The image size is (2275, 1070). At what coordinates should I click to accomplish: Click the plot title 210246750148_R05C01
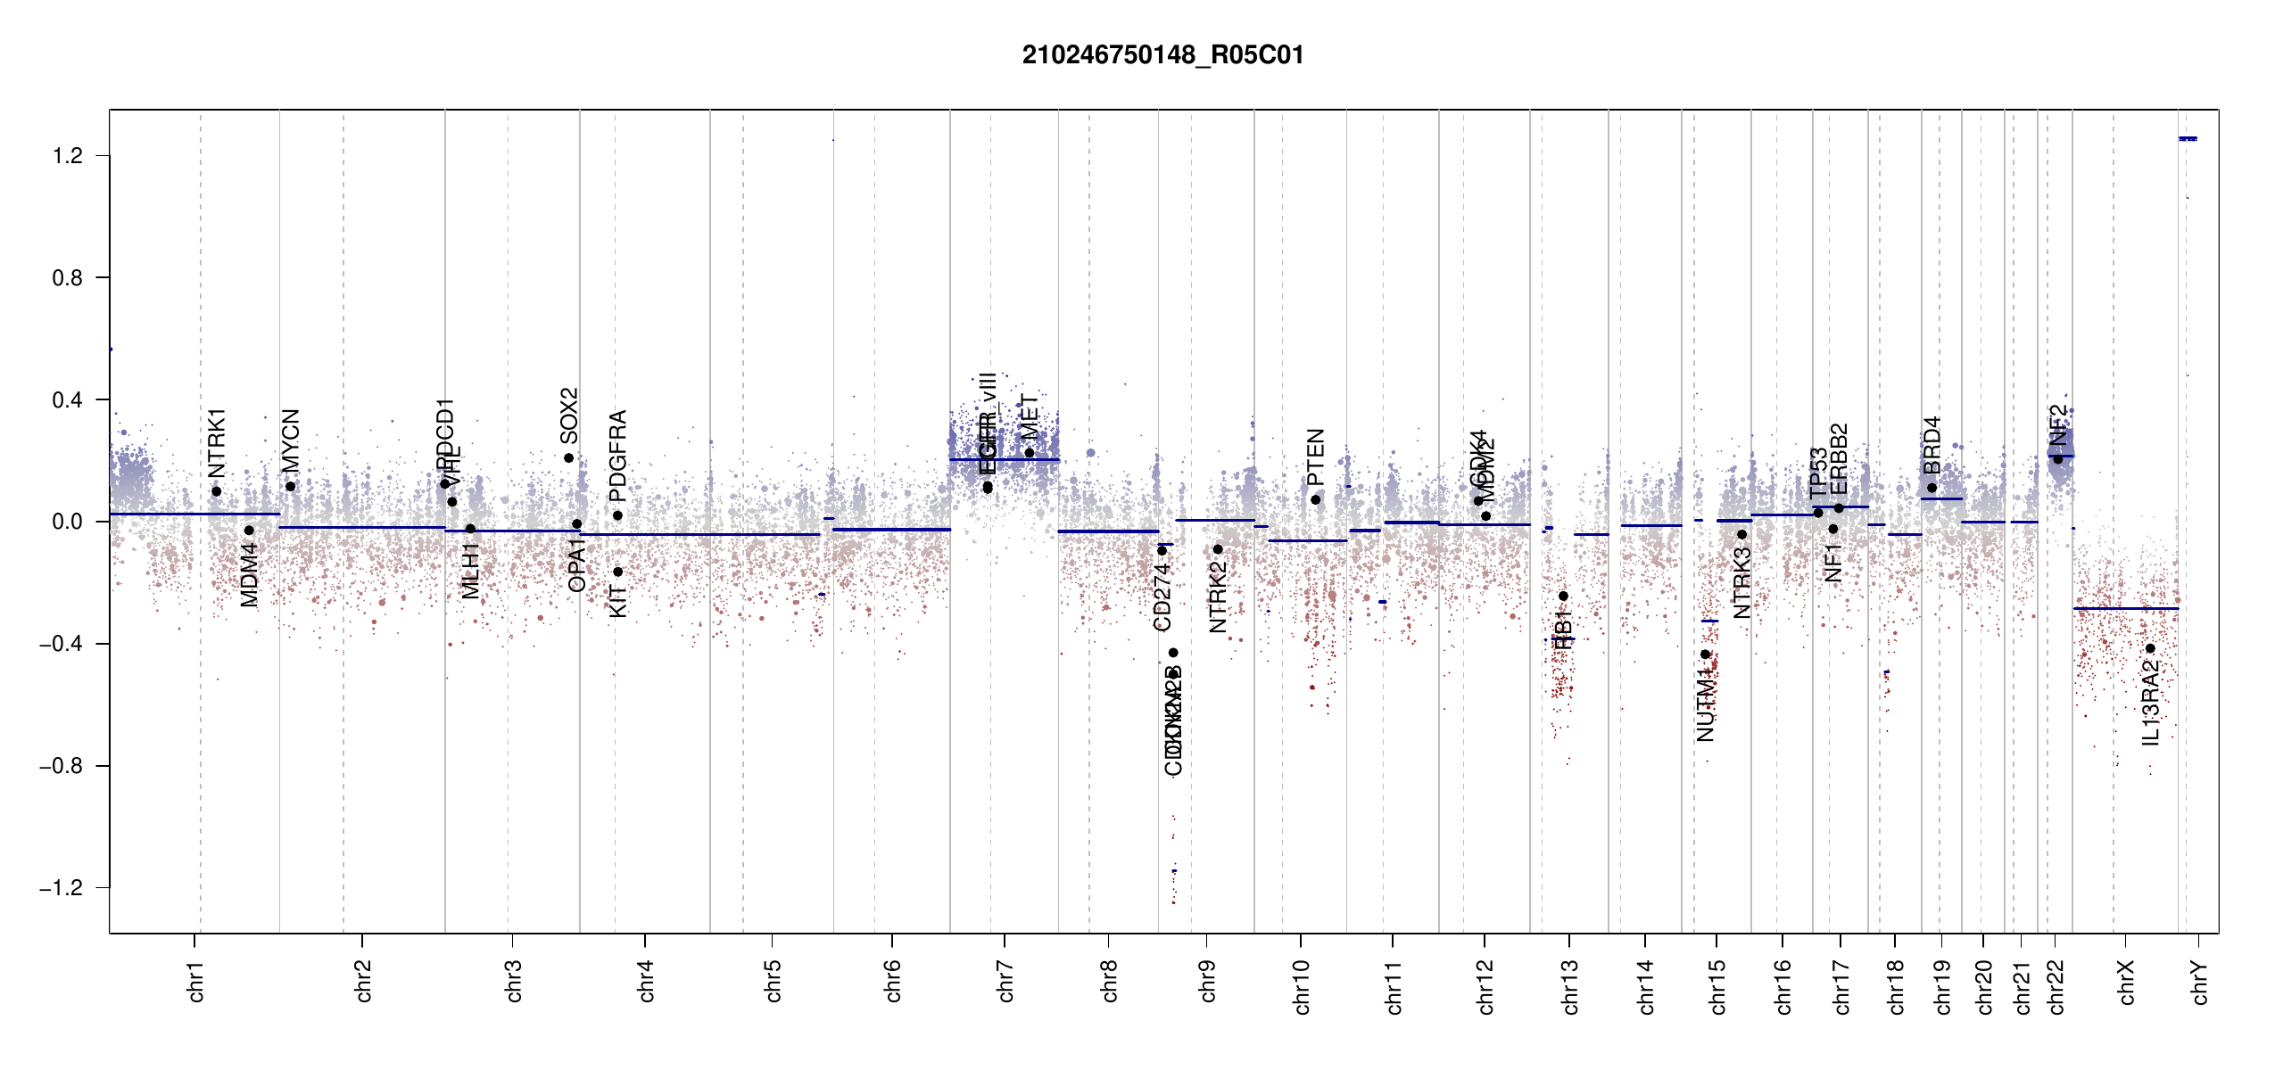[1162, 55]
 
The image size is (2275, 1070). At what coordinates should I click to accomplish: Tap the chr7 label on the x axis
[1005, 981]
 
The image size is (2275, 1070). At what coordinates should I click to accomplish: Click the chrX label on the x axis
[2126, 982]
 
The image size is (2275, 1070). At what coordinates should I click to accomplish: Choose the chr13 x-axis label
[1570, 986]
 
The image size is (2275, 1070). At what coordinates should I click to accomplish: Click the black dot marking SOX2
[569, 458]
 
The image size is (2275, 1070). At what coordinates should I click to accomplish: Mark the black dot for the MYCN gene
[290, 487]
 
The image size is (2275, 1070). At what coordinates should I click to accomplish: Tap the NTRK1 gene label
[217, 443]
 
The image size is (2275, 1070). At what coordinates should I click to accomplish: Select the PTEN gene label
[1316, 457]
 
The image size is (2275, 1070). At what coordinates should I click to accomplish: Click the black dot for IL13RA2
[2150, 648]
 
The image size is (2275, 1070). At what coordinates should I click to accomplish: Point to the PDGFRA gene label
[617, 457]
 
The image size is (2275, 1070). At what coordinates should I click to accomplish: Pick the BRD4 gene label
[1932, 445]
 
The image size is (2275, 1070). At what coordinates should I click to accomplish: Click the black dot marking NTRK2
[1218, 549]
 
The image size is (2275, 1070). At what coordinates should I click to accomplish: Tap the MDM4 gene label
[249, 575]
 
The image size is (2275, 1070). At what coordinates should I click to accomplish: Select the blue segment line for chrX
[2126, 609]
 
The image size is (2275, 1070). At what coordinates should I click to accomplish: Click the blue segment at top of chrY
[2188, 139]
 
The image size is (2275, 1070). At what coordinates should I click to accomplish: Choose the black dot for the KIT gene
[617, 572]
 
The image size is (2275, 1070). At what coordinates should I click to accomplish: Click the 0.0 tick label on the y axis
[68, 522]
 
